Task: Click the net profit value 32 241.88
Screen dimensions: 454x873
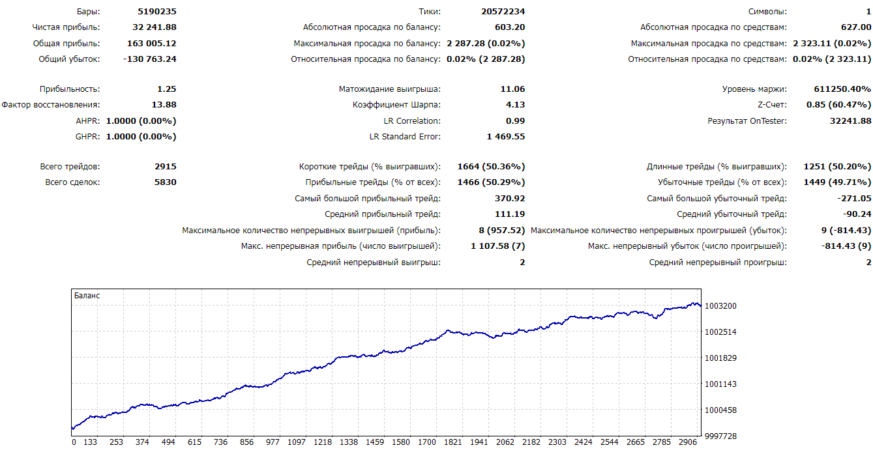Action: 154,27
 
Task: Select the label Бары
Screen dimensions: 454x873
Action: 87,12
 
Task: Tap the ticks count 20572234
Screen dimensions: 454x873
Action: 500,12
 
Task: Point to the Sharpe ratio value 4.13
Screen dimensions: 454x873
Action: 515,105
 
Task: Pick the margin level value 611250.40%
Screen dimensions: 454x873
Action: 842,89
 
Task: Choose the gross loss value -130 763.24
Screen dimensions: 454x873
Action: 150,59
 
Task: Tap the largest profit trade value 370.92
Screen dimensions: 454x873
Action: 510,199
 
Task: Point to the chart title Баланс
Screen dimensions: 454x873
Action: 87,296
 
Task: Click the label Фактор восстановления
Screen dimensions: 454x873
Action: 51,105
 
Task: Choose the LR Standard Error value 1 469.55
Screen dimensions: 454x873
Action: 505,137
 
